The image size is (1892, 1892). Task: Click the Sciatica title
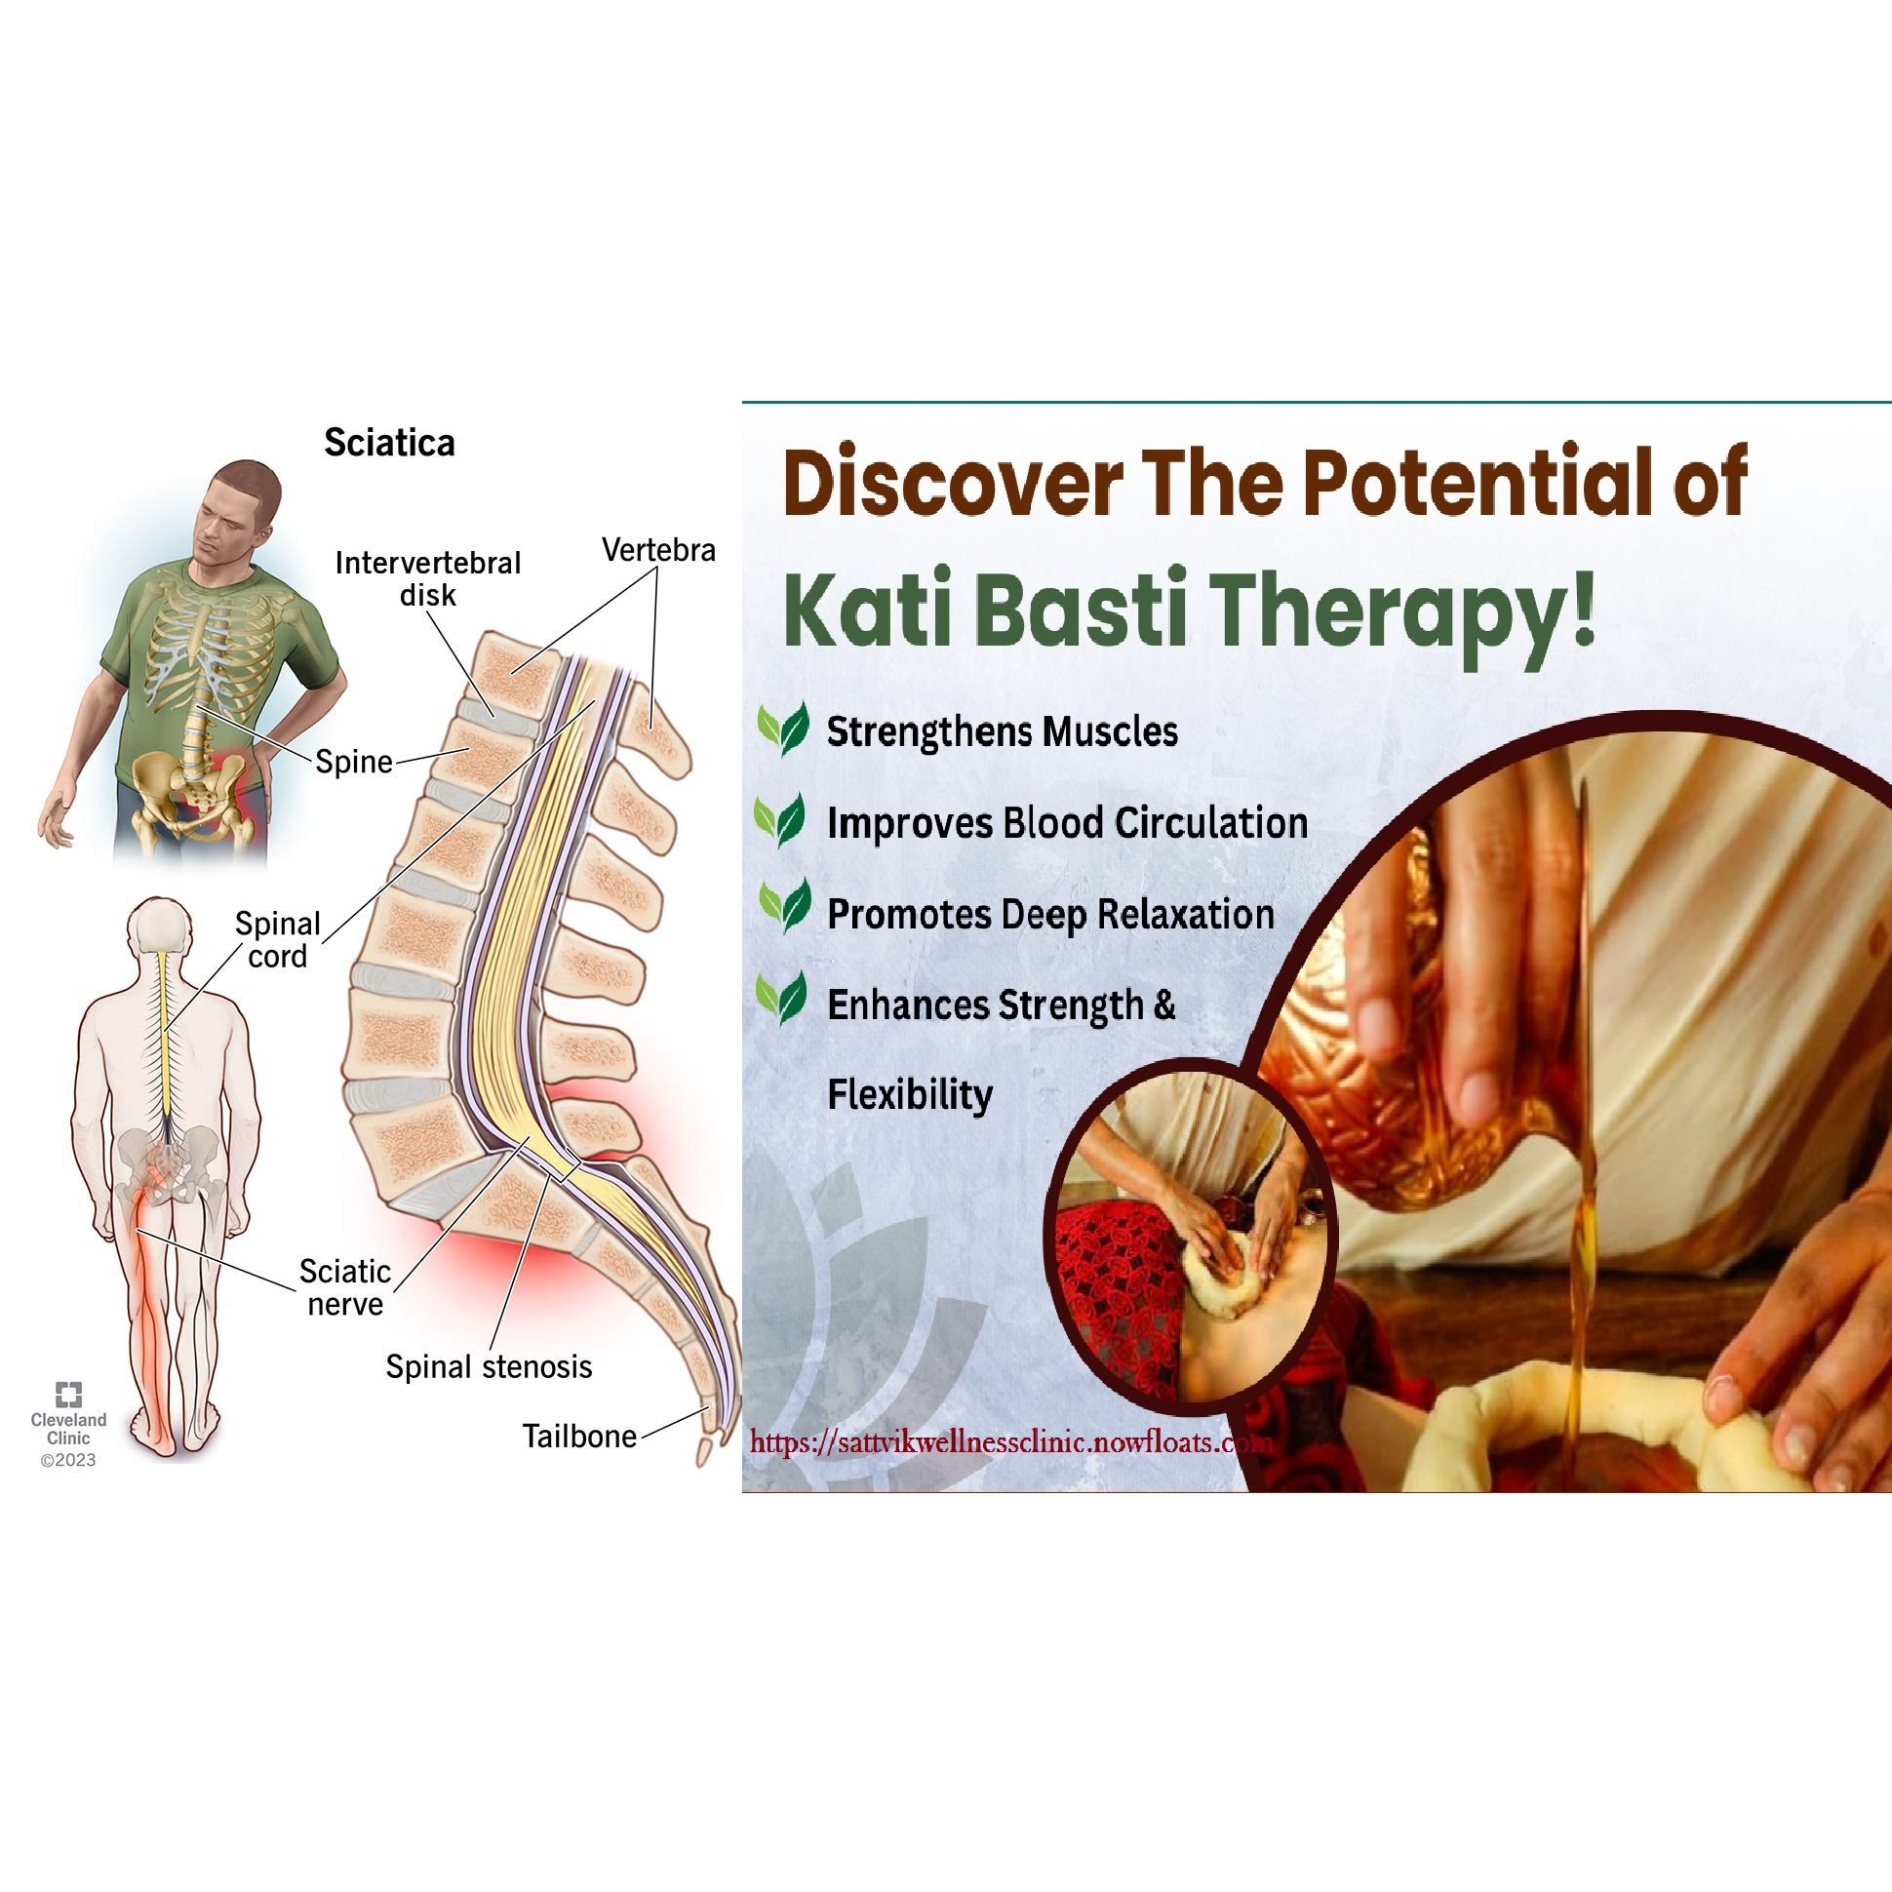pos(390,443)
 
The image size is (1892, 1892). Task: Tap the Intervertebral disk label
pos(428,578)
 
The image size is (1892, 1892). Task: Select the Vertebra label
pos(659,550)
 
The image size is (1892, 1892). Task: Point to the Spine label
pos(353,761)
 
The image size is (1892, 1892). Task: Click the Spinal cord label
pos(278,939)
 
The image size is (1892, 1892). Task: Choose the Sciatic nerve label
pos(344,1286)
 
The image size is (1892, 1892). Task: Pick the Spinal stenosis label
pos(489,1366)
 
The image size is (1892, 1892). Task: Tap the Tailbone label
pos(579,1436)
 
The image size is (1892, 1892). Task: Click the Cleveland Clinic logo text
pos(68,1428)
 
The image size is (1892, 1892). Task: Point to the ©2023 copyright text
pos(68,1460)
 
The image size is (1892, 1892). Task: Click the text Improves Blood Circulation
pos(1068,822)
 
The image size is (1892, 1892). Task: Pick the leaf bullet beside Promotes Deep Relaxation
pos(784,906)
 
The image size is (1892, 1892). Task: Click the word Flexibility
pos(910,1094)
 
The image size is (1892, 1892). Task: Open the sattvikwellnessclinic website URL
pos(1010,1441)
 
